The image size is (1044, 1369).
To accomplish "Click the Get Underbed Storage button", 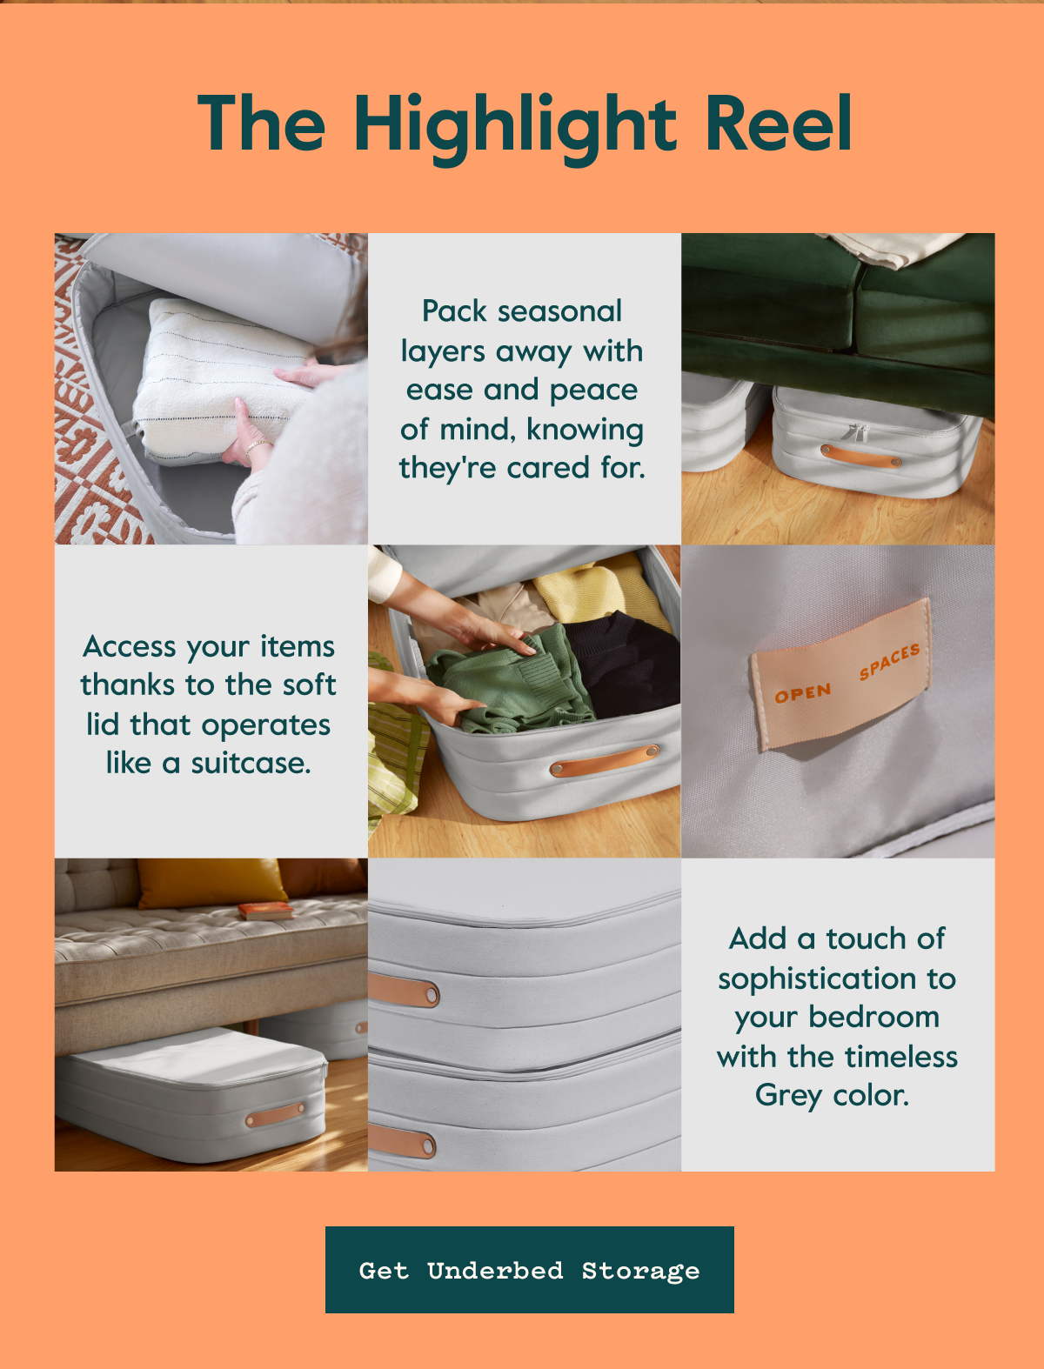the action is point(530,1270).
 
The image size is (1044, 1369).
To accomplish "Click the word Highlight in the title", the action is point(515,129).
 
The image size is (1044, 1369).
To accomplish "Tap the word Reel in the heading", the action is point(779,123).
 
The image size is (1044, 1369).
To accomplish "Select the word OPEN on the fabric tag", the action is point(803,693).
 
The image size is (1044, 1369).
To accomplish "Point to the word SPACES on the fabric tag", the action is point(890,661).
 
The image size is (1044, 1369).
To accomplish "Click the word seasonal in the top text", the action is point(559,311).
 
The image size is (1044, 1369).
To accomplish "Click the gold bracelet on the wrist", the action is point(258,448).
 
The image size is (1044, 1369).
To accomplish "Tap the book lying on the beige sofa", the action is point(265,911).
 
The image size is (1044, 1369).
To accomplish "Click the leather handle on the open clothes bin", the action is point(605,760).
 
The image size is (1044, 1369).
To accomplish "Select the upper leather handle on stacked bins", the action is point(403,991).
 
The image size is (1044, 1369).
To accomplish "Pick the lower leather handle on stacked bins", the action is point(401,1142).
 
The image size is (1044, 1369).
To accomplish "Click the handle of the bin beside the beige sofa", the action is point(275,1115).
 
